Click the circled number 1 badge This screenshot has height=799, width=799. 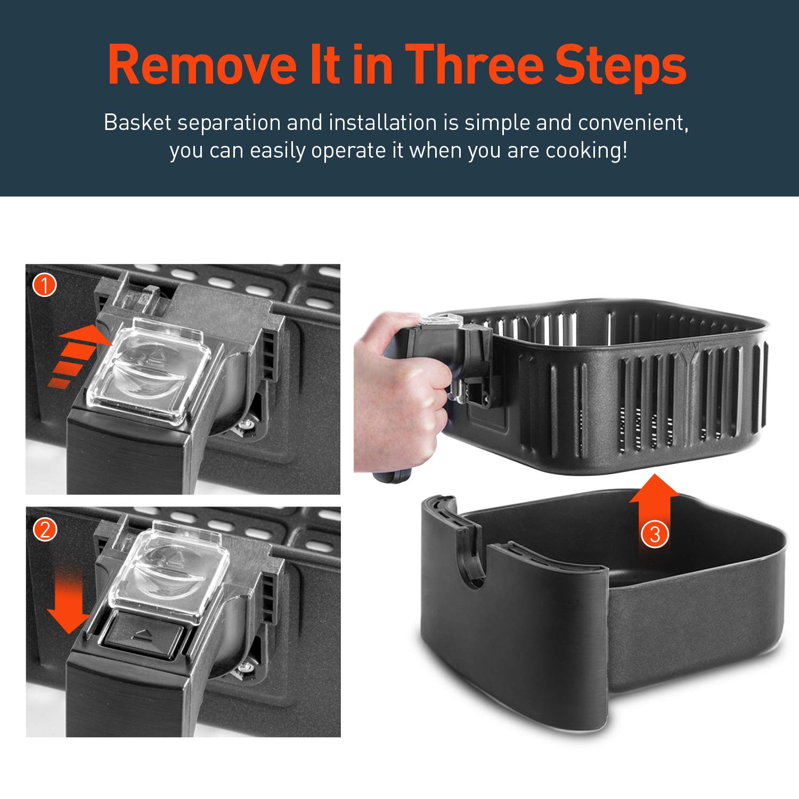(x=45, y=285)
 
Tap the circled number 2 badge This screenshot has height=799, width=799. (x=45, y=529)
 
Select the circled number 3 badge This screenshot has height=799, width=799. (x=655, y=533)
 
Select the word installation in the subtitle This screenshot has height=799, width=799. (x=383, y=123)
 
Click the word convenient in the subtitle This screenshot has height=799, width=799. (x=633, y=124)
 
